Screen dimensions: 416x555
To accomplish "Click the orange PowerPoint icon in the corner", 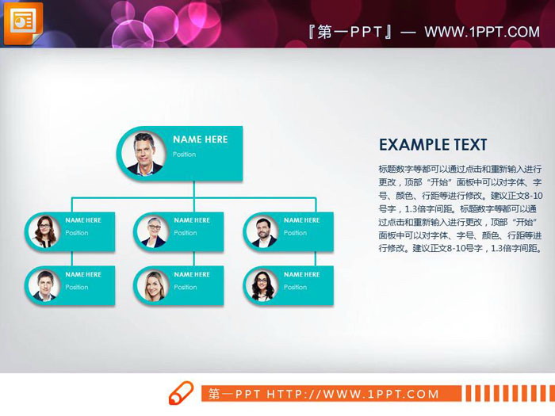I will click(22, 23).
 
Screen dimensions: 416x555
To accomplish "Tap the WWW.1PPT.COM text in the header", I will click(481, 32).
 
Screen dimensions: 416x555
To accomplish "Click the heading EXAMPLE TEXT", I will click(433, 145).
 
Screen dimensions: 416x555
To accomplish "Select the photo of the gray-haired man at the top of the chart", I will click(144, 152).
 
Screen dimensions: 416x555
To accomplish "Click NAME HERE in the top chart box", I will click(201, 139).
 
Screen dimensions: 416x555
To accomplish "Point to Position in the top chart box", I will click(185, 155).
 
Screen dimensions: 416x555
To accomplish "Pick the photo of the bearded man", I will click(261, 231).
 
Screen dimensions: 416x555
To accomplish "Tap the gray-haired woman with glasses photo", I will click(152, 231).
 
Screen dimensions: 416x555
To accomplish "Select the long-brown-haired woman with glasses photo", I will click(44, 231).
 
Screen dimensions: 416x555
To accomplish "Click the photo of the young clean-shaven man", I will click(44, 285).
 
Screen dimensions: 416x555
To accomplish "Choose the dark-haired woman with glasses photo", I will click(261, 285).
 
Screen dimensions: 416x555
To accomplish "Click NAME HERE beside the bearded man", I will click(302, 220).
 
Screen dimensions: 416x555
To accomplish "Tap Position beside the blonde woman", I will click(186, 288).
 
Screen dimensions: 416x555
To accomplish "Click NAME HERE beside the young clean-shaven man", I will click(83, 275).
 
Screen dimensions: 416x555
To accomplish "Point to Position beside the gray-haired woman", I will click(186, 233).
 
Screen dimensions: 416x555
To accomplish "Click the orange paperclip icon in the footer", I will click(182, 394).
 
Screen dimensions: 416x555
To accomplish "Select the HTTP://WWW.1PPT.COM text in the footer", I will click(353, 394).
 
